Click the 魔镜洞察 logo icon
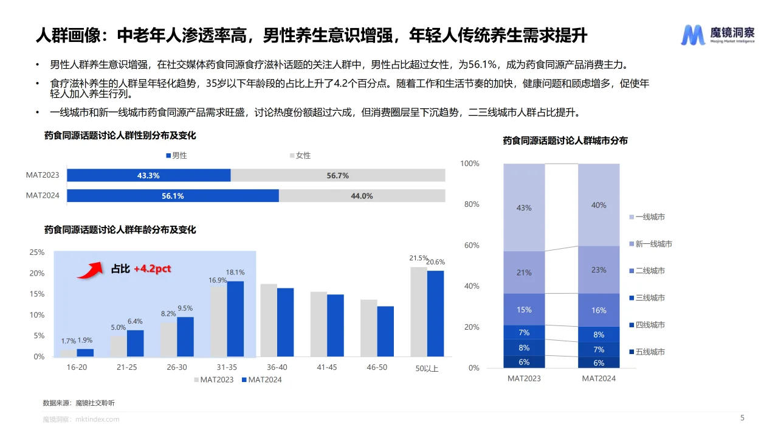[x=693, y=35]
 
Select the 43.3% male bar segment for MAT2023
[x=148, y=175]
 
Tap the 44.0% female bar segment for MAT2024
[x=362, y=196]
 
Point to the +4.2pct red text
[x=152, y=268]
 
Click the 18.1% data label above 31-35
[x=235, y=273]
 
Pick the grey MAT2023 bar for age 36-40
[x=269, y=320]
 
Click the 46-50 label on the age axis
[x=377, y=367]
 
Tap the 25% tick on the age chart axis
[x=37, y=252]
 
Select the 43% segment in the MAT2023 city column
[x=524, y=207]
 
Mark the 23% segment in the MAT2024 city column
[x=599, y=269]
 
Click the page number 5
[x=742, y=418]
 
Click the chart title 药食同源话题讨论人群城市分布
[x=565, y=141]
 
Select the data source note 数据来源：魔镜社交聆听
[x=78, y=403]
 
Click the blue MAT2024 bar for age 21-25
[x=136, y=343]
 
